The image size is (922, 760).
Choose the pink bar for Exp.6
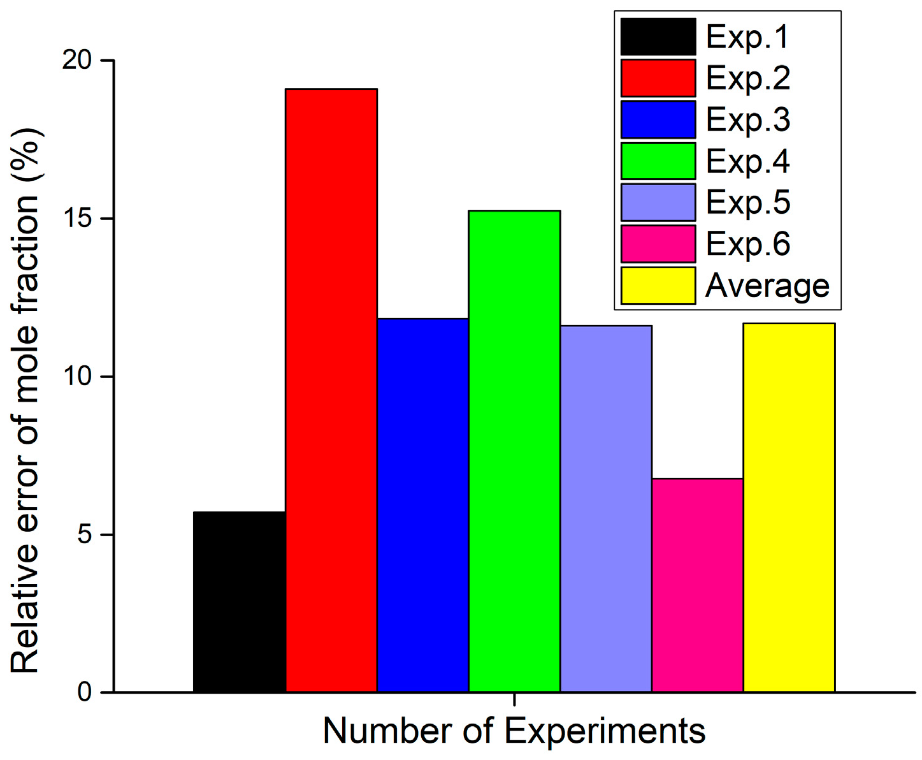(x=697, y=585)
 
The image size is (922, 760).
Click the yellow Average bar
(x=789, y=507)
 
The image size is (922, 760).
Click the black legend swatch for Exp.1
(x=658, y=37)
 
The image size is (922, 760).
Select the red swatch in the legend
(x=658, y=78)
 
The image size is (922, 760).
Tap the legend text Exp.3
(x=748, y=120)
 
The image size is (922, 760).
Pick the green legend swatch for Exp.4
(x=658, y=161)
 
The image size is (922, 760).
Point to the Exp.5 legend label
(x=748, y=203)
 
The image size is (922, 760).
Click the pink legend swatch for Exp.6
(x=658, y=244)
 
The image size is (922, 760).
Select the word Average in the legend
(x=767, y=286)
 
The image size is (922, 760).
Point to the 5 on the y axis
(x=85, y=534)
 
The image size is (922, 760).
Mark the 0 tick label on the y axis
(x=85, y=692)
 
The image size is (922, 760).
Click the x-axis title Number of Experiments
(x=514, y=731)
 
